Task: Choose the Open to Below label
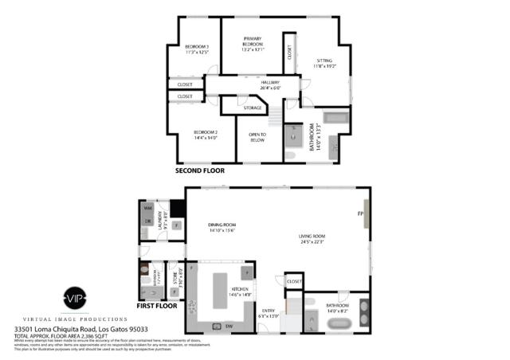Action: click(257, 137)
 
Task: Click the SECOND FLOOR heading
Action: click(200, 170)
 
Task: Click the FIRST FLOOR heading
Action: click(155, 305)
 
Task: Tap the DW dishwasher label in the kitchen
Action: click(229, 327)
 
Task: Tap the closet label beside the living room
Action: click(294, 281)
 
